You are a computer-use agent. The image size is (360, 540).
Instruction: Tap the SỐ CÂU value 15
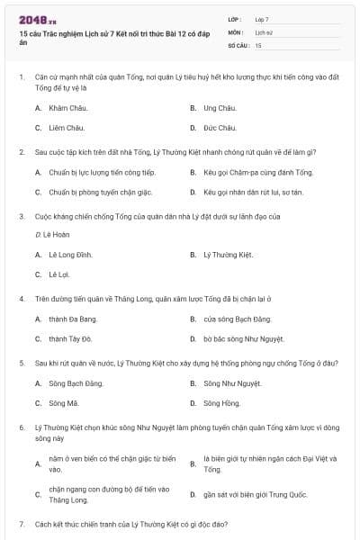258,44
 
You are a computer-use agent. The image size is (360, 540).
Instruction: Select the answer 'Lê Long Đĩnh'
71,255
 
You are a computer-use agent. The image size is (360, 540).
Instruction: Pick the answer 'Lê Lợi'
59,274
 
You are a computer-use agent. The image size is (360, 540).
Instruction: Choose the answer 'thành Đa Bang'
73,319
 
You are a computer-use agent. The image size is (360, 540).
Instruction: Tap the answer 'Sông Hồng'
221,403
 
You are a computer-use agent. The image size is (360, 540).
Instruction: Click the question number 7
21,523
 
